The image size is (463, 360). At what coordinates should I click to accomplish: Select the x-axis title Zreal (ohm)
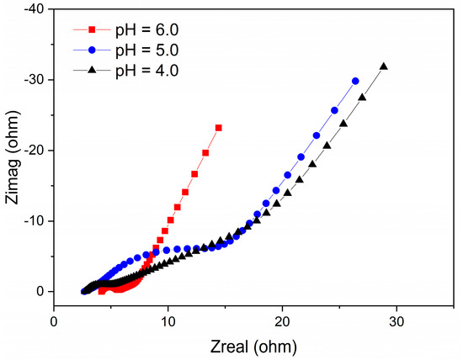point(253,346)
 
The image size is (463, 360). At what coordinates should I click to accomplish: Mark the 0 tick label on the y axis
point(40,292)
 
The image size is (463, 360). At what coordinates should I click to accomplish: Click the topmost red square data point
point(219,128)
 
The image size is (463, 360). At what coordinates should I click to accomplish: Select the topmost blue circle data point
point(355,81)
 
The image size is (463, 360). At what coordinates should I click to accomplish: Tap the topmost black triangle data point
point(384,66)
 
